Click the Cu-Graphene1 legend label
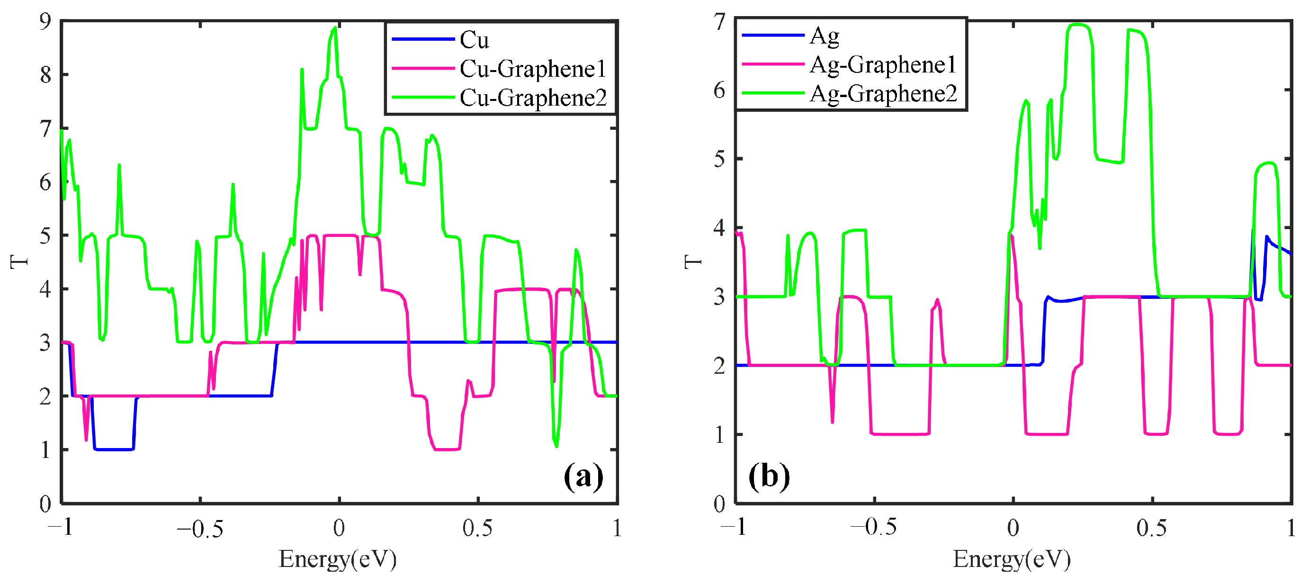532,69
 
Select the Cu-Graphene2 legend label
532,98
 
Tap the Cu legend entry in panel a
474,40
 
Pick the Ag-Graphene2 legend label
883,93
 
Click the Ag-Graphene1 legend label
883,64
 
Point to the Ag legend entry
824,36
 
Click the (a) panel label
583,476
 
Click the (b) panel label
769,476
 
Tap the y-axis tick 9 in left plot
46,21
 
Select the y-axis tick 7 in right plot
719,22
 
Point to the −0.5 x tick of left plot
200,529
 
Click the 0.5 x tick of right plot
1151,529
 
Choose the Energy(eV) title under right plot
1012,559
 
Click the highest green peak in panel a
335,28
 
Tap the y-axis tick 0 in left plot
46,503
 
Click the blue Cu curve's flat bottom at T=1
114,449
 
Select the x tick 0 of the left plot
339,529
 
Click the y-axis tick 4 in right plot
719,228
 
